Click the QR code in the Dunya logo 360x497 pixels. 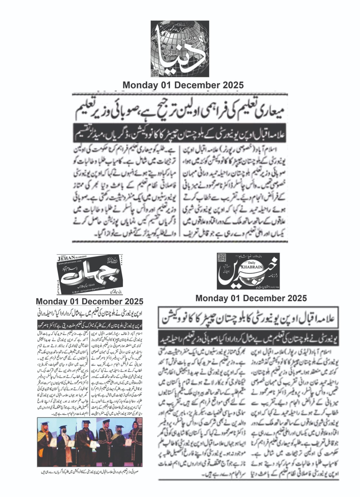click(x=155, y=73)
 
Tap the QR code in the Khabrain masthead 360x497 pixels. click(x=221, y=258)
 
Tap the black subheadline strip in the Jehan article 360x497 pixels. click(x=89, y=326)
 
